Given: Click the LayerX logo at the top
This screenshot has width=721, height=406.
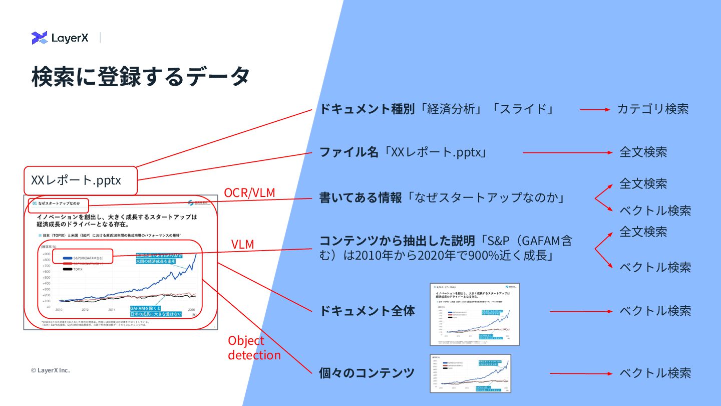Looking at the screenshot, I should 60,38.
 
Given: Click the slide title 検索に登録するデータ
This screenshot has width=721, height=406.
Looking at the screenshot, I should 140,77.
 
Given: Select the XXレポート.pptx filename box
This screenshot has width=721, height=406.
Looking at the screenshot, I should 80,180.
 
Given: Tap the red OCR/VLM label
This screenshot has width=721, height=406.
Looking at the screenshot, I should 249,192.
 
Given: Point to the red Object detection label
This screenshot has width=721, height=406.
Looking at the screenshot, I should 254,348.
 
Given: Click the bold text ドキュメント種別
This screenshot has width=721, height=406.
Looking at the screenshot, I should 367,109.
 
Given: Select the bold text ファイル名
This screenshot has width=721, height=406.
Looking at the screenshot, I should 349,152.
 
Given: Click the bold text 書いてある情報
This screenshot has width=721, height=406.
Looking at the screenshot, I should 360,198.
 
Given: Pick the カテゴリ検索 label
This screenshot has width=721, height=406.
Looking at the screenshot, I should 652,109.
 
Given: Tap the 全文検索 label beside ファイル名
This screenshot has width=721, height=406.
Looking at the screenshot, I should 643,152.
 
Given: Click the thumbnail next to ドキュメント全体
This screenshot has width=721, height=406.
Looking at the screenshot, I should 475,314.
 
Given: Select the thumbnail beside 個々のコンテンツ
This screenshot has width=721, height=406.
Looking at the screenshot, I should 470,373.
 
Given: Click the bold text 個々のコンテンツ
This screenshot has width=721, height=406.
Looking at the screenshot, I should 367,373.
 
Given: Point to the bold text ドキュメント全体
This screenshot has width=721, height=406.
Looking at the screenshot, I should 367,311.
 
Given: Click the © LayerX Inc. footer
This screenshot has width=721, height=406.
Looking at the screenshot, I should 50,370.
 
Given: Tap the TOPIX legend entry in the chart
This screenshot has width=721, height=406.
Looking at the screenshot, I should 78,269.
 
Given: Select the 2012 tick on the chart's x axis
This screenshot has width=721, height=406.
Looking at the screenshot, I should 85,310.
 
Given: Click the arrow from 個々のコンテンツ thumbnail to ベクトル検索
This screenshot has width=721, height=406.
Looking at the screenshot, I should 581,373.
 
